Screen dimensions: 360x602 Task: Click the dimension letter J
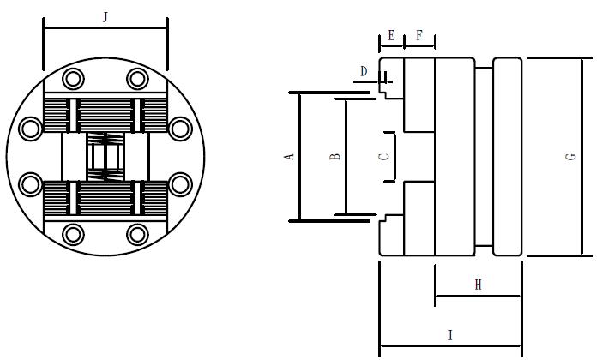point(105,16)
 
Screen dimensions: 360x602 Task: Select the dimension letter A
point(290,156)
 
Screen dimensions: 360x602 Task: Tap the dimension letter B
point(335,156)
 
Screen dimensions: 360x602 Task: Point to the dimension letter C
point(384,156)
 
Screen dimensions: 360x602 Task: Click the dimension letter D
point(364,71)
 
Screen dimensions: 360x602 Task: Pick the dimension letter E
point(391,35)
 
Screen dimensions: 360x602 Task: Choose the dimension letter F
point(419,35)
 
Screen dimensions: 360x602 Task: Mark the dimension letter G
point(570,156)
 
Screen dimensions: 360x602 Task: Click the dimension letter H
point(478,285)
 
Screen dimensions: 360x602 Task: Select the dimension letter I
point(450,335)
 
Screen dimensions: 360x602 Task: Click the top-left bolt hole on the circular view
point(73,79)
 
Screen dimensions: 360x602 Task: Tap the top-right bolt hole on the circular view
point(137,79)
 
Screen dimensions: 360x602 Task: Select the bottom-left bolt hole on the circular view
point(73,233)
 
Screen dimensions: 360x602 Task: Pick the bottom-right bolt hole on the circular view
point(137,233)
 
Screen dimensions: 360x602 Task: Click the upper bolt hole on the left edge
point(31,129)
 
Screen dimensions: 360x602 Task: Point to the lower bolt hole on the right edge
point(179,183)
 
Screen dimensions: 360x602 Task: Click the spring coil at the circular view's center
point(105,156)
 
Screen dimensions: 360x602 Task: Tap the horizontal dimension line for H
point(478,297)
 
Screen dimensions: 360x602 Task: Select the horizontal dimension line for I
point(450,346)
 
